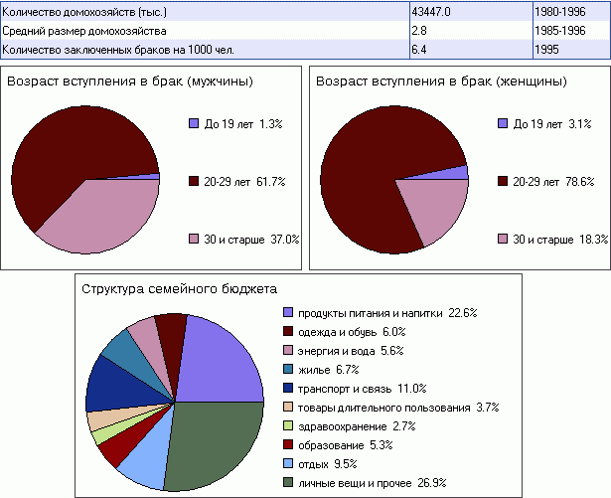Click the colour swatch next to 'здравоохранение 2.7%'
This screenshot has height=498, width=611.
click(288, 425)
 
